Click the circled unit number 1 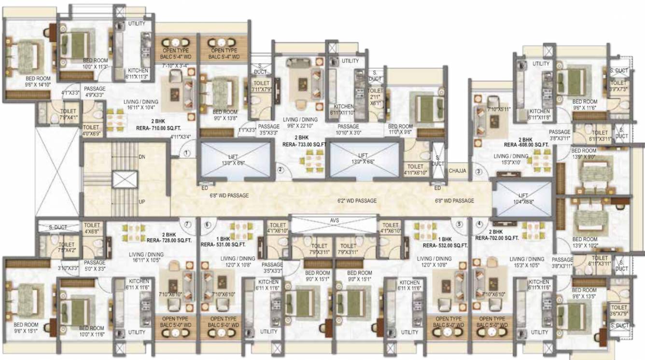187,153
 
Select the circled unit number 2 280,169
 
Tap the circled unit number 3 479,171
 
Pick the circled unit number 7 187,224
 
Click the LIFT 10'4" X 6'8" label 523,198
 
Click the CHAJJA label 457,171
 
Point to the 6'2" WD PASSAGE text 357,201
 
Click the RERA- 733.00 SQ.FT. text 304,144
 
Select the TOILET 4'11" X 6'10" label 413,169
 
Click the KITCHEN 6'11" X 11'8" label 539,114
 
